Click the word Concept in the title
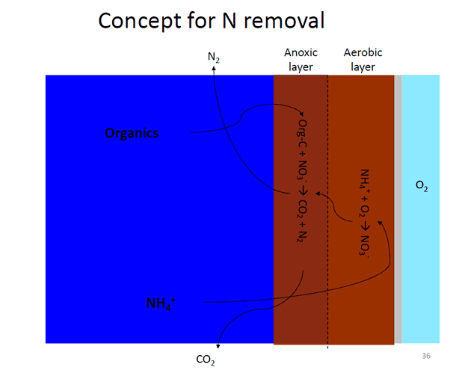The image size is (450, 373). tap(141, 21)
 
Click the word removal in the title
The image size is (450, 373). tap(284, 20)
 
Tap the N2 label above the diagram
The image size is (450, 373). tap(214, 58)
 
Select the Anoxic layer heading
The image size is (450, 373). tap(300, 60)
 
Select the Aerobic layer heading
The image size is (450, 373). tap(363, 60)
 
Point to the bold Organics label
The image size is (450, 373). tap(132, 133)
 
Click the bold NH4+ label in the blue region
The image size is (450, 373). tap(161, 303)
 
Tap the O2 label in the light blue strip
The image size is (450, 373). tap(422, 186)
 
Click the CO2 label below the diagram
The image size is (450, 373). tap(206, 360)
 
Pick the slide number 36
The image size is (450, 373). tap(426, 356)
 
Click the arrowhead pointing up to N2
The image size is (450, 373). tap(214, 68)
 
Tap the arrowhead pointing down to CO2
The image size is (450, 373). tap(218, 346)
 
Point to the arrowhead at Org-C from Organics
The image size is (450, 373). tap(301, 114)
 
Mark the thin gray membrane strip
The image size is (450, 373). tap(398, 209)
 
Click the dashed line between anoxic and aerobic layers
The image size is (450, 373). tap(327, 212)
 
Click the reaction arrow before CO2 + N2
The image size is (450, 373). tap(303, 191)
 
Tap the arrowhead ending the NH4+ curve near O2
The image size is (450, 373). tap(380, 223)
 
